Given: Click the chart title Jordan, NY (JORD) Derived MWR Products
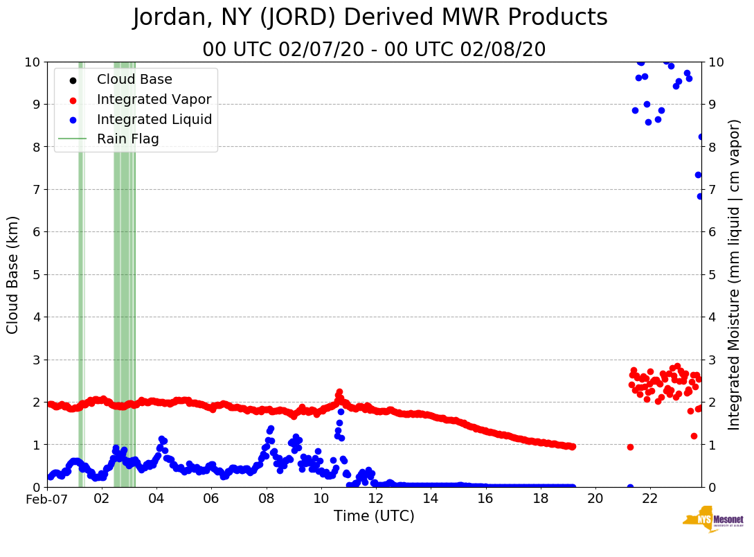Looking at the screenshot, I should click(370, 18).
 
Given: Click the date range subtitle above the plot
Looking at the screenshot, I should click(374, 50).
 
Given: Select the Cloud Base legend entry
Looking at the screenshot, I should click(134, 80).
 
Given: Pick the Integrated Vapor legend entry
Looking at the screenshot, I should click(154, 100).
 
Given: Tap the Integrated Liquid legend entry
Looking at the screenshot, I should click(154, 119).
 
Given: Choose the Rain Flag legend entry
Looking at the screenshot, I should click(127, 139).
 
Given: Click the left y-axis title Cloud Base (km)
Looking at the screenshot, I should click(13, 274).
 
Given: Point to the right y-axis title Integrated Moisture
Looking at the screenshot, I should click(735, 274).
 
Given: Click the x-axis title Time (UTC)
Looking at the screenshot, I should click(374, 516).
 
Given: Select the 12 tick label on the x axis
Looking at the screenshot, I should click(375, 499).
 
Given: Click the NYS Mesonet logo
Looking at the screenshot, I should click(713, 520).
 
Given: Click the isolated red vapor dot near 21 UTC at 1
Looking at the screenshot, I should click(630, 447).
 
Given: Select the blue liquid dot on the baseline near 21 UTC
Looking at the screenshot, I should click(630, 487).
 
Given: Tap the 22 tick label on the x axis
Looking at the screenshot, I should click(649, 499).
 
